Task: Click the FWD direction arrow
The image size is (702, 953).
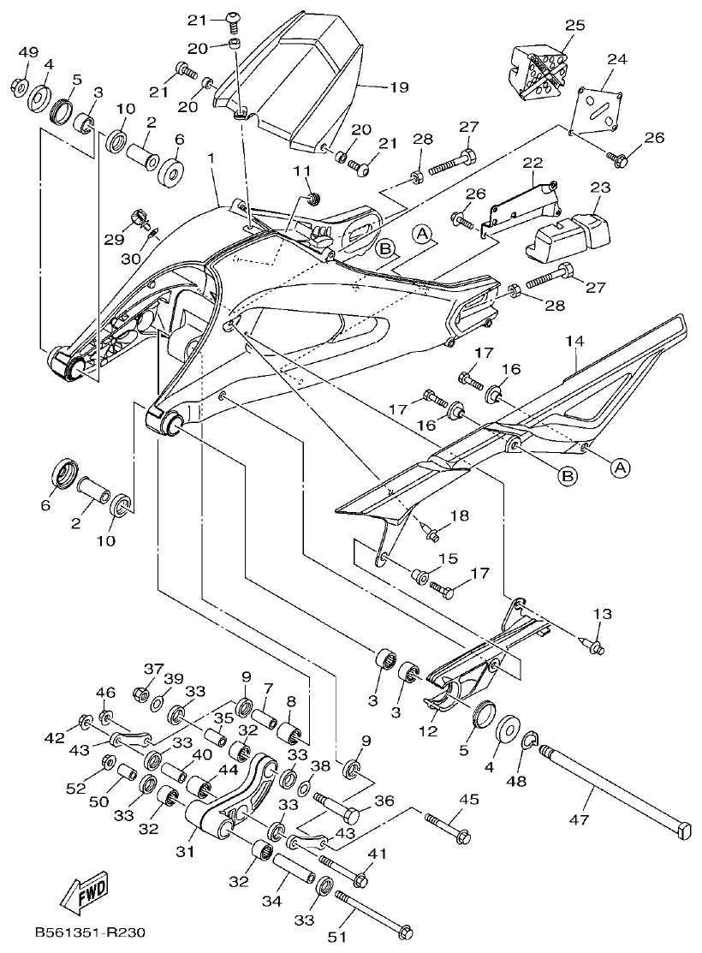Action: coord(83,895)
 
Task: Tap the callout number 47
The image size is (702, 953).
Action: coord(592,795)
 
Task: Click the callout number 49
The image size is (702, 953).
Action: coord(28,53)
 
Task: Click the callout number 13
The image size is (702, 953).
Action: coord(603,614)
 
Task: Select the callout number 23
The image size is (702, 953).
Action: coord(599,187)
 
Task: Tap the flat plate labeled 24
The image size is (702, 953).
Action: coord(599,108)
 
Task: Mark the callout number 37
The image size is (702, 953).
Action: coord(152,669)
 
